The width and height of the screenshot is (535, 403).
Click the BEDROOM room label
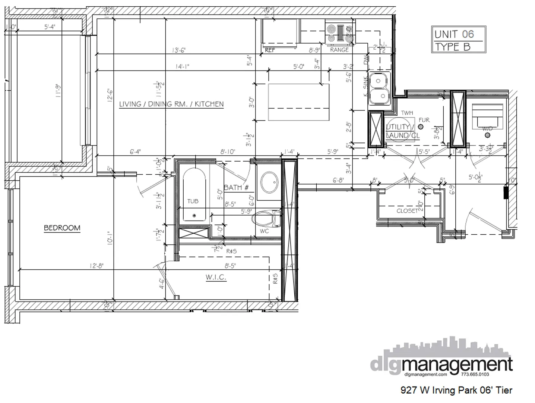[x=62, y=228]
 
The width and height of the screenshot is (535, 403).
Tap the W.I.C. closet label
[x=216, y=277]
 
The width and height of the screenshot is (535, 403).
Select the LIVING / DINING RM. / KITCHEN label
[x=171, y=104]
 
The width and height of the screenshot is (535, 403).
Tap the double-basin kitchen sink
[x=379, y=89]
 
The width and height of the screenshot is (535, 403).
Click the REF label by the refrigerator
[x=270, y=50]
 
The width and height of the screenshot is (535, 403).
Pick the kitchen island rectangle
[x=298, y=102]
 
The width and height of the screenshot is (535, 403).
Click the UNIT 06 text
[x=454, y=34]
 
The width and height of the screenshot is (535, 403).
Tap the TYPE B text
[x=452, y=47]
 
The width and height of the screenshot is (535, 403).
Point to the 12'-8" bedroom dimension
[x=96, y=266]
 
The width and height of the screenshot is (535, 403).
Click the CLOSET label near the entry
[x=407, y=211]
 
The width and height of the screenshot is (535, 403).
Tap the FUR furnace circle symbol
[x=421, y=126]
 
